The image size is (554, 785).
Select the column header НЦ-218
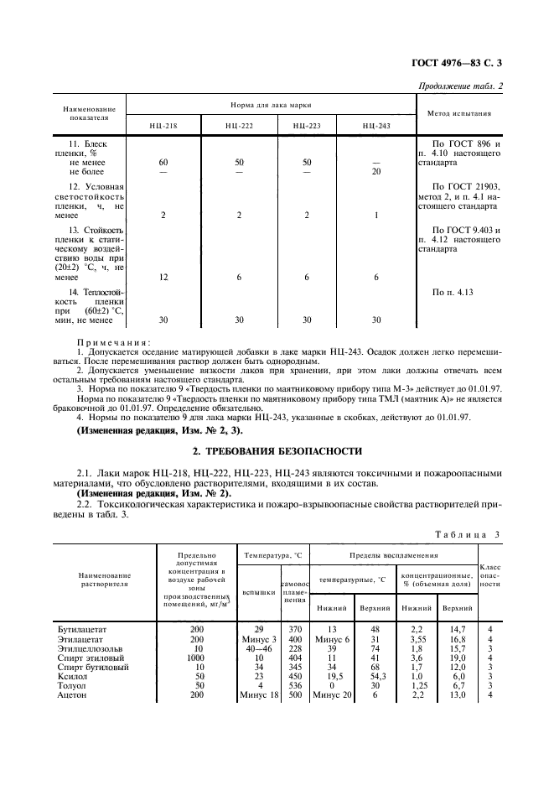[x=163, y=125]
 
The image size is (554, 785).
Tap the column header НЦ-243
[x=376, y=125]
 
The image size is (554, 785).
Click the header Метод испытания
[x=459, y=113]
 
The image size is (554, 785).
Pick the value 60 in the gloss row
[x=163, y=162]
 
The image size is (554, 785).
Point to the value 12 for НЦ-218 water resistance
[x=163, y=277]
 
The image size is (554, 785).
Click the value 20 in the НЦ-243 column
[x=376, y=171]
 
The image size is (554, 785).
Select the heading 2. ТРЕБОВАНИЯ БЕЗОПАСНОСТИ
[x=277, y=450]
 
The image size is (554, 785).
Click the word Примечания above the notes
[x=112, y=342]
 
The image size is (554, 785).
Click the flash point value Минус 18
[x=257, y=695]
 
